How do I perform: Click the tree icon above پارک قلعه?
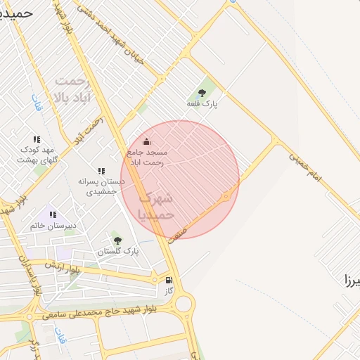tap(202, 92)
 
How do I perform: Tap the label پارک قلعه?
tap(202, 104)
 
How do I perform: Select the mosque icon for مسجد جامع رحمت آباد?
tap(146, 141)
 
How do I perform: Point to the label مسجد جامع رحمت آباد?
tap(146, 157)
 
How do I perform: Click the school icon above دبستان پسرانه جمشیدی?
tap(101, 171)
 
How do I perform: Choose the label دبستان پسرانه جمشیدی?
tap(101, 186)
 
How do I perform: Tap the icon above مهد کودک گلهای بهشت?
tap(37, 139)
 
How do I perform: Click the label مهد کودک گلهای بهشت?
tap(37, 155)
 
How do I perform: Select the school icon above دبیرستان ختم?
tap(52, 214)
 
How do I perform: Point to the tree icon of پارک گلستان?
tap(117, 240)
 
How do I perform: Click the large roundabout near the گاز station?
tap(184, 304)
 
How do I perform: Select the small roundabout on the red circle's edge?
tap(226, 196)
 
